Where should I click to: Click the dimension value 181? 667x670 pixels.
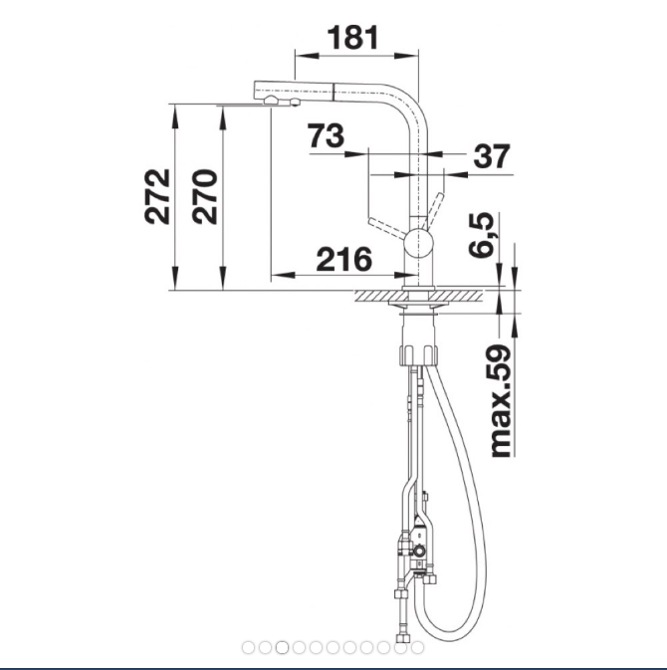point(353,38)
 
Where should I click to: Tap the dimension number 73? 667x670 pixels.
point(326,135)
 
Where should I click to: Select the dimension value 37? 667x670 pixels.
point(492,155)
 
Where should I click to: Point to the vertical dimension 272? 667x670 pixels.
point(157,197)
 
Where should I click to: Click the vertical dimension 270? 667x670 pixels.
point(204,197)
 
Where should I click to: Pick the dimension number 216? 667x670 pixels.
point(344,260)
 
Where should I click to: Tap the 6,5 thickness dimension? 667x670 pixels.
point(481,235)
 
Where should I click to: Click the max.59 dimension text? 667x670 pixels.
point(501,401)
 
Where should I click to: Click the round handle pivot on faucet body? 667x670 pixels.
point(419,243)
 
